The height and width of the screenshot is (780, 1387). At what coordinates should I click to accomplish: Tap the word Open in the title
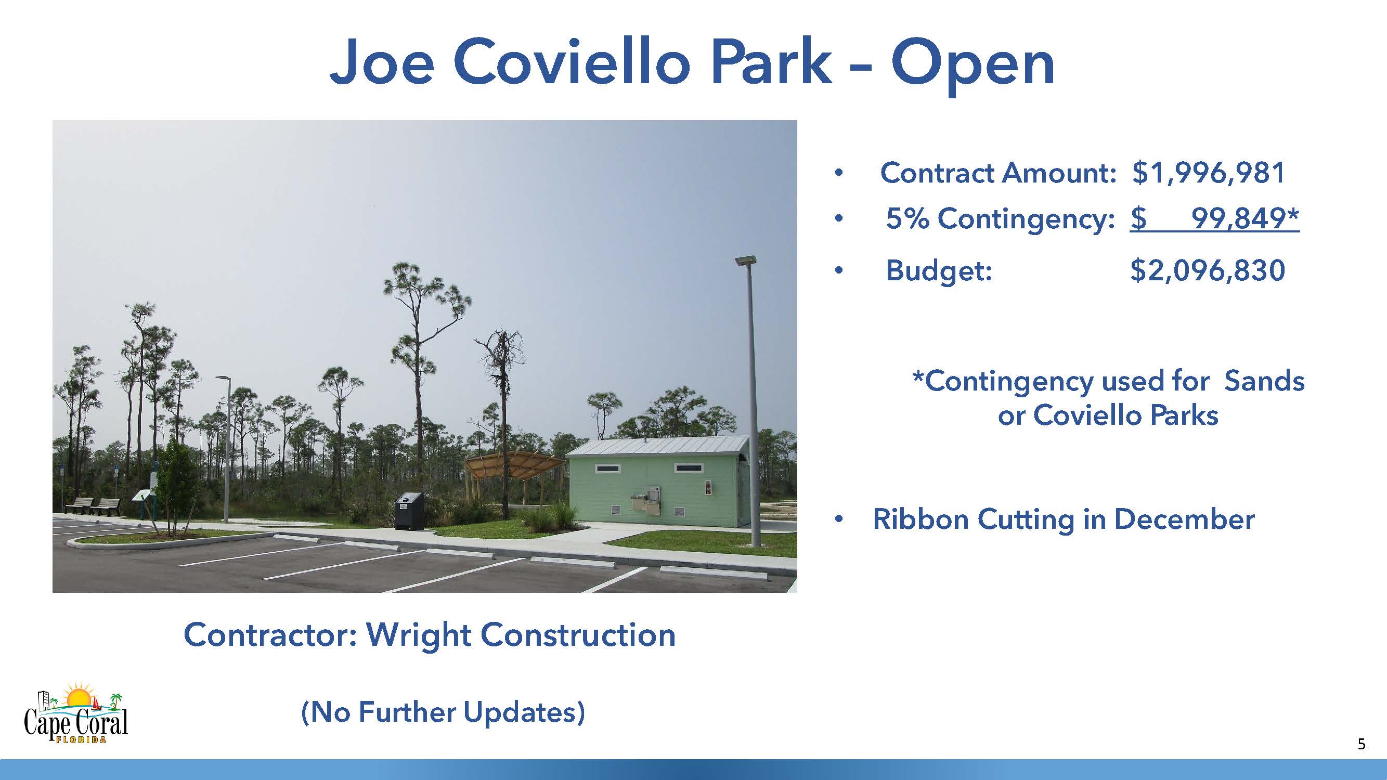pos(973,68)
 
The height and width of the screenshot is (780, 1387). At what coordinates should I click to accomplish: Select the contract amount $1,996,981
pos(1209,173)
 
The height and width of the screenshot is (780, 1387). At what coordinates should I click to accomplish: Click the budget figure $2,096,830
pos(1208,270)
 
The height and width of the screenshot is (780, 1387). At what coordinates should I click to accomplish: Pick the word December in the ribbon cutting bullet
pos(1184,519)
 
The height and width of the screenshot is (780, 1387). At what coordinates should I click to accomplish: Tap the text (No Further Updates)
pos(443,712)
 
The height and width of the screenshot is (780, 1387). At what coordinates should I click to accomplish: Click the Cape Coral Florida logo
pos(76,713)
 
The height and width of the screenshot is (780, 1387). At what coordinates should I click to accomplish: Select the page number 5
pos(1362,745)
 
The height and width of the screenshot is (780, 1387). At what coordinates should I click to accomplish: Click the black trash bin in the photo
pos(409,511)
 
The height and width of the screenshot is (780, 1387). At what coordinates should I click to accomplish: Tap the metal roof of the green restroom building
pos(657,446)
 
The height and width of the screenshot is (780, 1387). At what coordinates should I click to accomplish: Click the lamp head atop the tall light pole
pos(746,261)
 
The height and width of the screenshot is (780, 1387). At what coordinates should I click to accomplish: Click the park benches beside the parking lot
pos(93,506)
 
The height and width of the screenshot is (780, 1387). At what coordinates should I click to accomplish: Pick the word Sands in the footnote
pos(1264,381)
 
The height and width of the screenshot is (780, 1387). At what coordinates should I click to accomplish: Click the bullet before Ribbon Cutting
pos(838,519)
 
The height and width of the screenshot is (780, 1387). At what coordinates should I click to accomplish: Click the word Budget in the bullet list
pos(939,271)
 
